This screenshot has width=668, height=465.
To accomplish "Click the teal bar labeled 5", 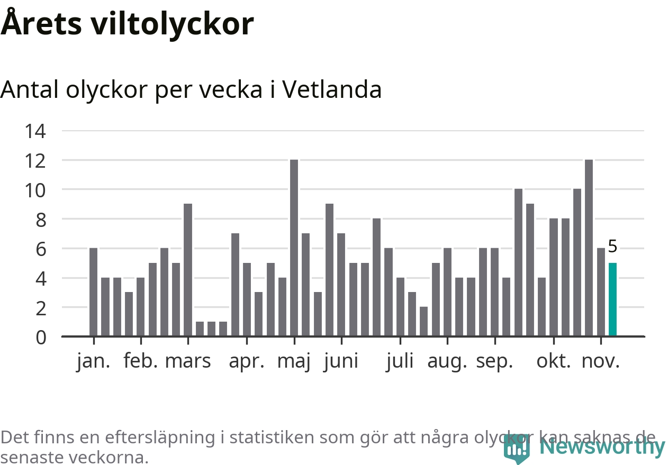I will click(x=612, y=299).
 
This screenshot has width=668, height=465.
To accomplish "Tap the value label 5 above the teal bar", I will click(x=612, y=247).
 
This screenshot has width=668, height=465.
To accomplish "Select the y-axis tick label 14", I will click(x=35, y=131).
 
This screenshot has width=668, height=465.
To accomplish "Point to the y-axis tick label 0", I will click(x=41, y=337).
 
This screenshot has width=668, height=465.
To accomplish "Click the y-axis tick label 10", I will click(x=35, y=189).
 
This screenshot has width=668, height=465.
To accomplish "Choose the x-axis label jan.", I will click(x=94, y=361).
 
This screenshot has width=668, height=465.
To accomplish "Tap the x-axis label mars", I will click(x=188, y=361).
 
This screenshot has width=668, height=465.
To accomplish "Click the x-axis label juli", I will click(x=400, y=361).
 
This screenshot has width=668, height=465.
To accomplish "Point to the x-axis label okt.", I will click(x=554, y=361).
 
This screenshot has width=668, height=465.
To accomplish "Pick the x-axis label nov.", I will click(x=600, y=361).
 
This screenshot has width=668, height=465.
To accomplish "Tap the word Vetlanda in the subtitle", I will click(x=332, y=90).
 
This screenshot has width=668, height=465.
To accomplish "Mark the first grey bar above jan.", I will click(x=93, y=292).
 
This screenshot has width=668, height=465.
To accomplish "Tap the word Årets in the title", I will click(x=41, y=24).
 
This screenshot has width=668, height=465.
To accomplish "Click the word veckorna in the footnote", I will click(x=111, y=457).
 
